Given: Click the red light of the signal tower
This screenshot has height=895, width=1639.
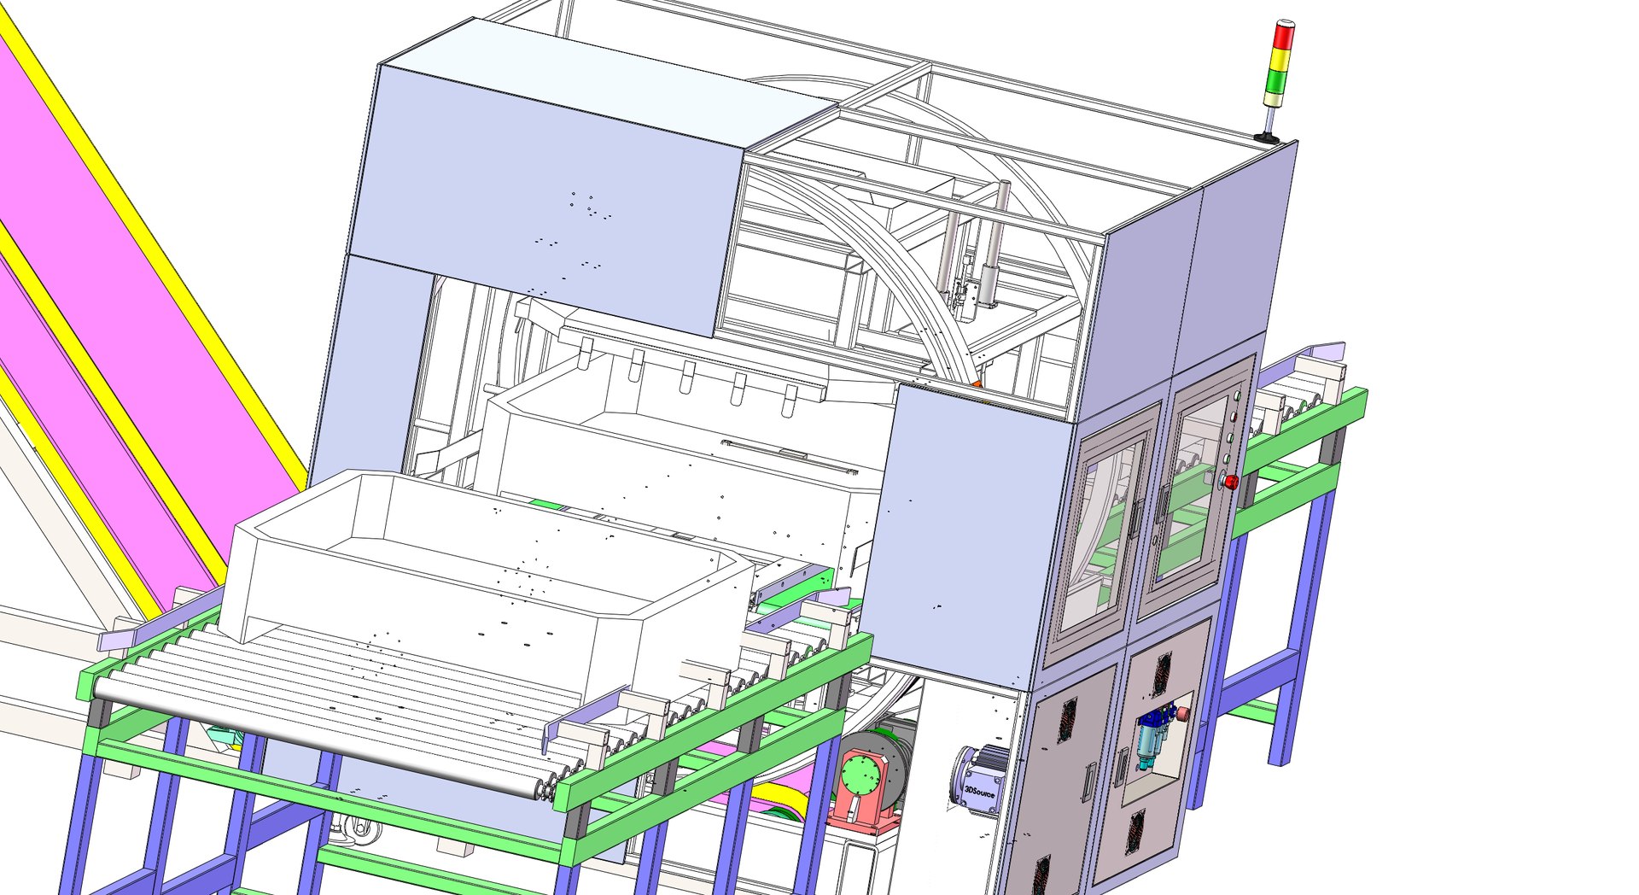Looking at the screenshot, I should point(1283,38).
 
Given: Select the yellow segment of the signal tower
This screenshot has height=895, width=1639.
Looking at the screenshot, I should point(1280,59).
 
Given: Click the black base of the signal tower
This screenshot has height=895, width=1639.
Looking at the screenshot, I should point(1266,137).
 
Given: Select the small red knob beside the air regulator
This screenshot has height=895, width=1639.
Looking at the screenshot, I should point(1184,712).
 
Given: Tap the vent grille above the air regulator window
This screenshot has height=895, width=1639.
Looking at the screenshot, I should point(1162,673).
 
